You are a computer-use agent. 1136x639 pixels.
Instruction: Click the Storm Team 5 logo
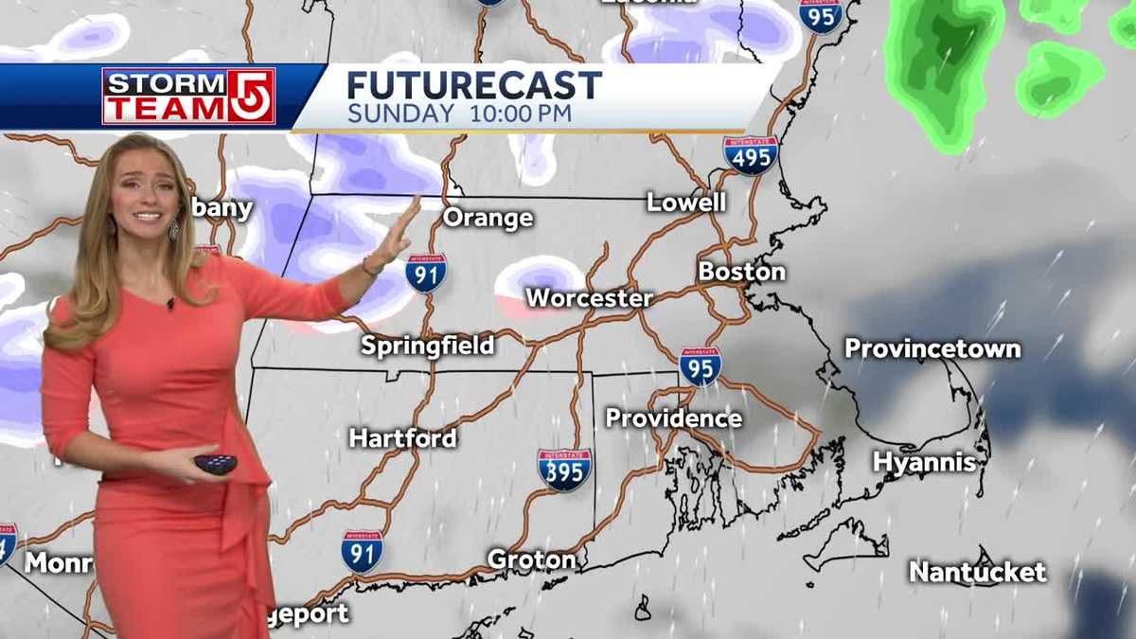pos(188,96)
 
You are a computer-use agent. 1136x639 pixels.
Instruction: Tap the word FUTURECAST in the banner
pos(473,85)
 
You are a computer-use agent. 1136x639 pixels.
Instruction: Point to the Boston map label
pos(742,272)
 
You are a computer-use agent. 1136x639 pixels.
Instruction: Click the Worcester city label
pos(589,298)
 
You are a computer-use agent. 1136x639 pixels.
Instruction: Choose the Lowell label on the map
pos(686,202)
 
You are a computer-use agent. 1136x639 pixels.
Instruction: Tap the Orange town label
pos(488,218)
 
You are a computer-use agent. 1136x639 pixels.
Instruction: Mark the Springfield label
pos(428,346)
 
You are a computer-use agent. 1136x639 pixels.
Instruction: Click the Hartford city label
pos(402,438)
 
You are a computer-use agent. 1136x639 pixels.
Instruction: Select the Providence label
pos(673,417)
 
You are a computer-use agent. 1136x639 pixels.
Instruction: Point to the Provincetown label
pos(932,348)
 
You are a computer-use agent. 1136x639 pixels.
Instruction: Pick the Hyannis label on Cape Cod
pos(924,462)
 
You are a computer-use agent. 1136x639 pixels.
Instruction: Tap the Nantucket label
pos(978,572)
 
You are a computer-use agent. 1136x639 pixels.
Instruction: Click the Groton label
pos(531,559)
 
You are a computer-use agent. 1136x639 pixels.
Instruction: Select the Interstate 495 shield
pos(751,155)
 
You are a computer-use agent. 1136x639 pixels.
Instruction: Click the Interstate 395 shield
pos(565,470)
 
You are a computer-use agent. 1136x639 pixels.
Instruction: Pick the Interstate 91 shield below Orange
pos(426,273)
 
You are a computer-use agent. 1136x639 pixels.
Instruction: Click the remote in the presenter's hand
pos(214,464)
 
